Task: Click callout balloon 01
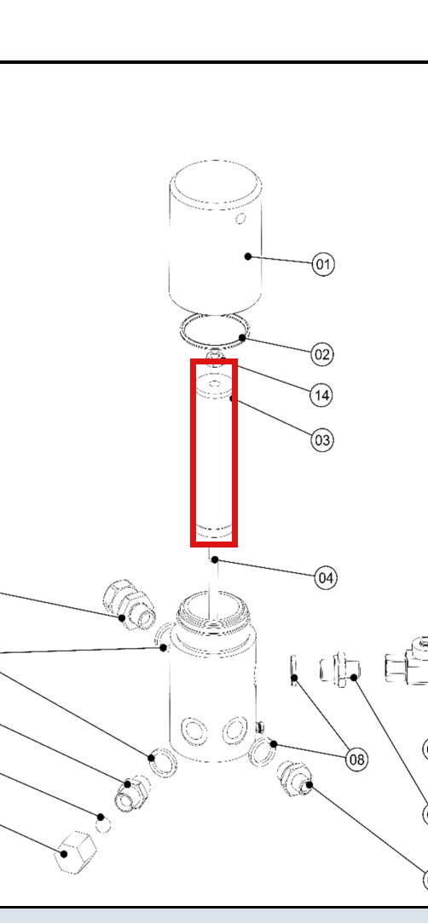click(x=323, y=264)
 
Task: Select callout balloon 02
click(x=322, y=354)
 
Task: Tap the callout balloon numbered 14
click(x=321, y=395)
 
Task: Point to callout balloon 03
click(x=322, y=439)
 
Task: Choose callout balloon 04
click(x=326, y=578)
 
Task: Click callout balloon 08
click(x=356, y=760)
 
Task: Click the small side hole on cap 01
click(x=240, y=219)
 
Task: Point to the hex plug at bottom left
click(x=76, y=851)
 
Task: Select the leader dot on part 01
click(x=248, y=256)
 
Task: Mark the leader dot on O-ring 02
click(x=242, y=337)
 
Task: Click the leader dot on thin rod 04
click(x=215, y=559)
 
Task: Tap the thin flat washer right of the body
click(x=294, y=670)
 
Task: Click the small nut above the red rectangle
click(x=215, y=357)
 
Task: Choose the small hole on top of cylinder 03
click(x=215, y=384)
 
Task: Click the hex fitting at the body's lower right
click(x=294, y=778)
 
